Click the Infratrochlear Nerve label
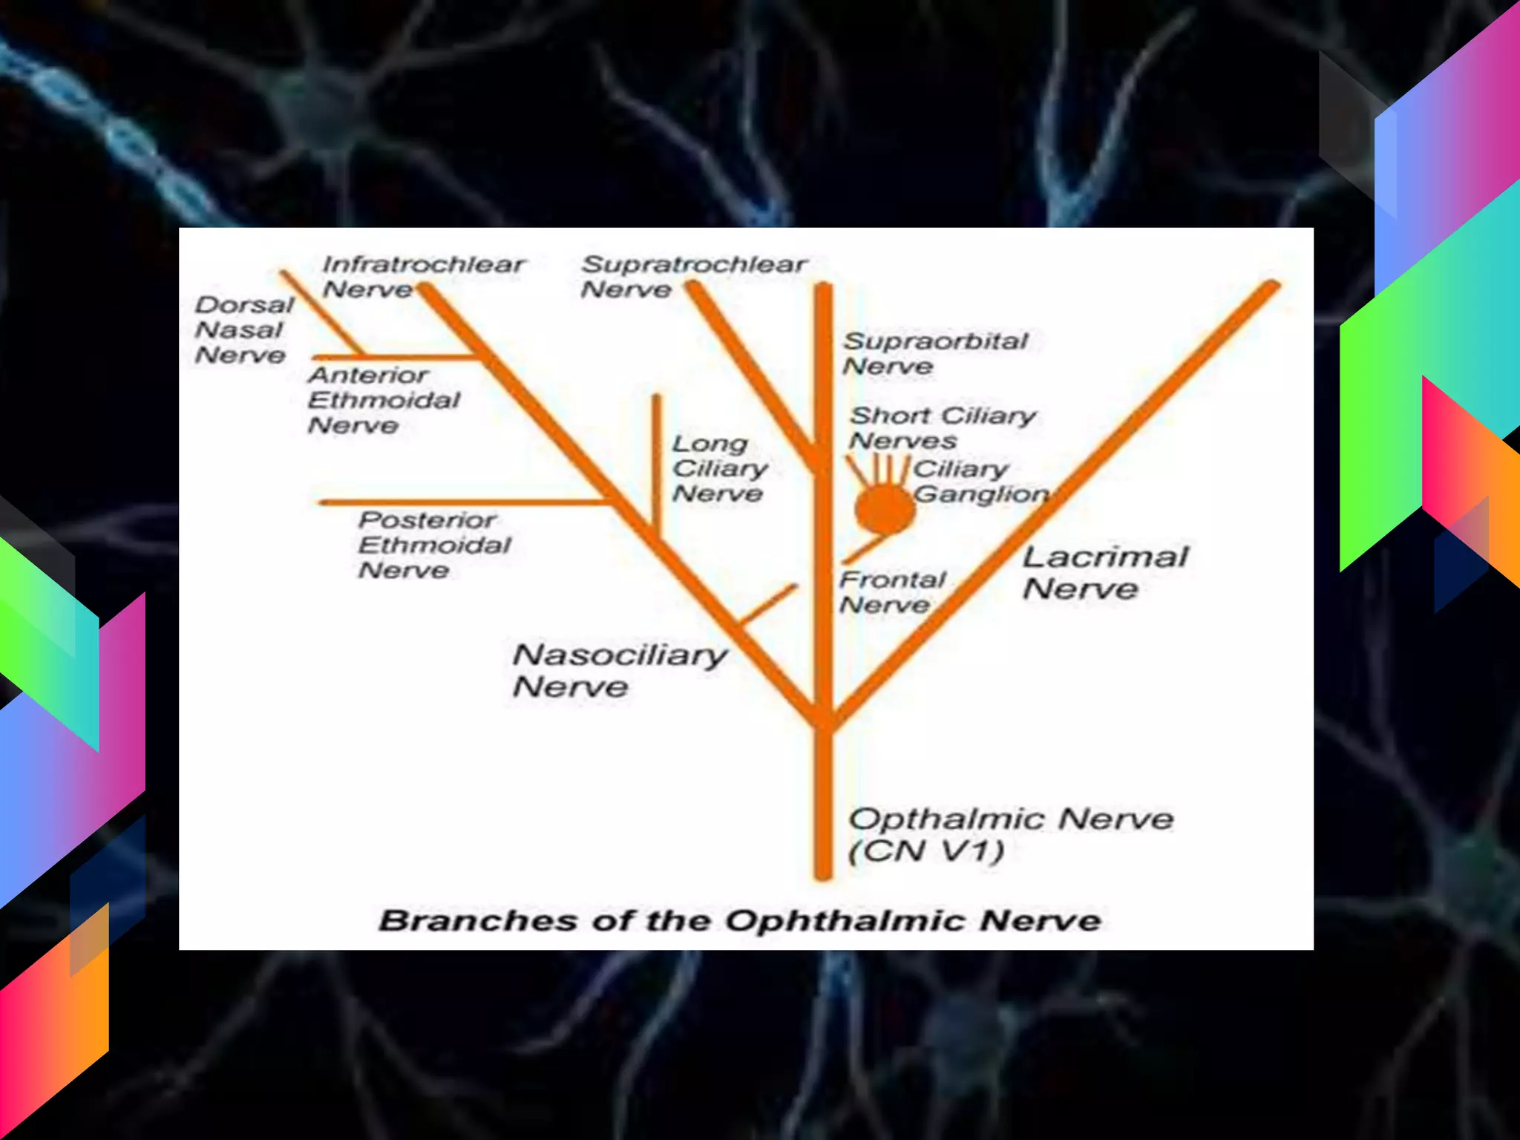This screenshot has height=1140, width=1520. coord(423,276)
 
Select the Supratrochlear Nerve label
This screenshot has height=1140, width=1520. coord(693,276)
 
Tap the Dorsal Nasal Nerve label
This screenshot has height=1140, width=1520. coord(243,330)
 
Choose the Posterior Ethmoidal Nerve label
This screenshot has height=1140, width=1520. coord(434,545)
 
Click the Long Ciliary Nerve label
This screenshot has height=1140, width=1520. coord(719,468)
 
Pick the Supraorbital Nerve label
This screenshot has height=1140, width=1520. coord(935,353)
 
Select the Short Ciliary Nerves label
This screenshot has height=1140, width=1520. coord(943,427)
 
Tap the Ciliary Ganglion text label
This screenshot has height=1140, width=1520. coord(980,482)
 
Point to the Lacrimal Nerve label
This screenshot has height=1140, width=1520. coord(1105,572)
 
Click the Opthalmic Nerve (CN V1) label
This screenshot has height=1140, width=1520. coord(1010,834)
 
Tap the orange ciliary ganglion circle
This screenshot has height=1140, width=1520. coord(884,509)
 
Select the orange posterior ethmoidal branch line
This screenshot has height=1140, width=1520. coord(460,502)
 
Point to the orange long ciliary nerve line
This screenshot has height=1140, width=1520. coord(656,460)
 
